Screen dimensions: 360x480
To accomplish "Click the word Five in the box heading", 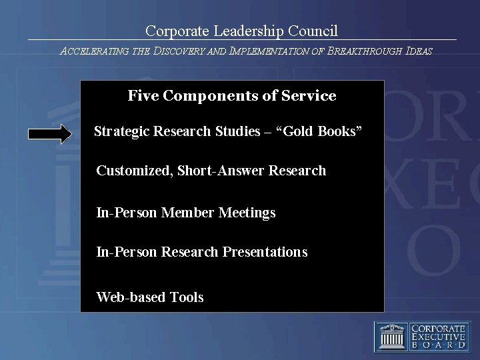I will [x=142, y=96].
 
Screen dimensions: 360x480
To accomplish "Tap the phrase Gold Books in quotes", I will [x=327, y=131].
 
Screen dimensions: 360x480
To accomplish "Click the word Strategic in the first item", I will [x=121, y=131].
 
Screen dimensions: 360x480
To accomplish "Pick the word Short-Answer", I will [x=221, y=171].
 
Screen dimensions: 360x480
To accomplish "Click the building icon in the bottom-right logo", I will [x=392, y=337].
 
